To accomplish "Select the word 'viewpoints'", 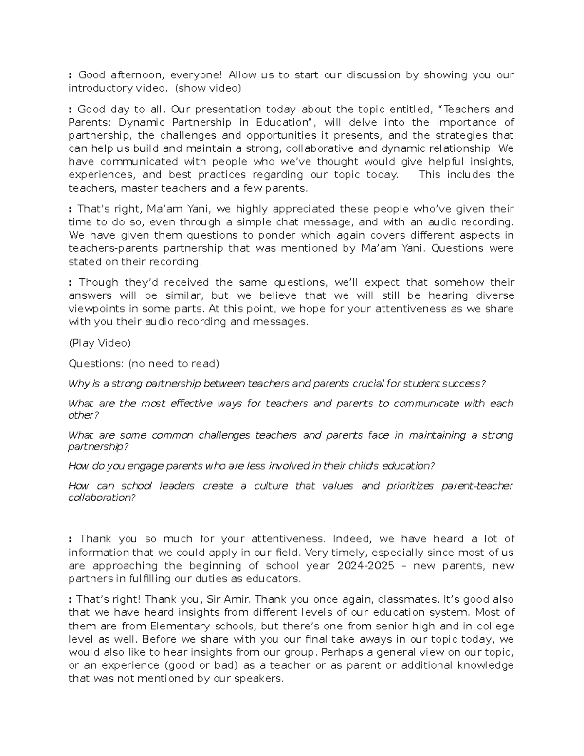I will (x=97, y=309).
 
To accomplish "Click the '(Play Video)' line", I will (x=100, y=343).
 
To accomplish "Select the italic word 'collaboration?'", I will (x=102, y=498).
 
